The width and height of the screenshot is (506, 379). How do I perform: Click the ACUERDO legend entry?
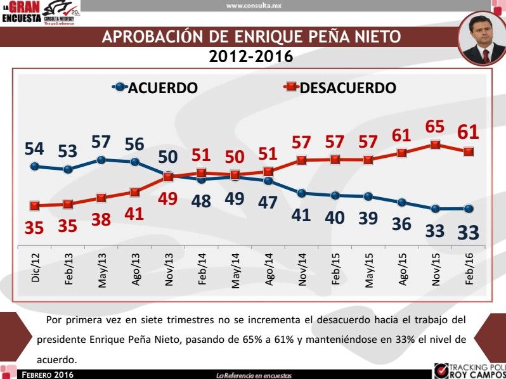(x=155, y=87)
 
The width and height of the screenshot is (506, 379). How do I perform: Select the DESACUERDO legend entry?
(x=339, y=87)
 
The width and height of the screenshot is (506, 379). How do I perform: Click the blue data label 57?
(x=101, y=142)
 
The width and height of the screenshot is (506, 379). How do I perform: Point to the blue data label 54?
(x=35, y=150)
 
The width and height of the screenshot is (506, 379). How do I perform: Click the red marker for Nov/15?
(x=435, y=145)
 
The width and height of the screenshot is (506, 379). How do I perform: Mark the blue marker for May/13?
(x=101, y=160)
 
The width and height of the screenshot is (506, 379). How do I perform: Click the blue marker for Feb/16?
(x=469, y=209)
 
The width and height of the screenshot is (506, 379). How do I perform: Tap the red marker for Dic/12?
(x=35, y=205)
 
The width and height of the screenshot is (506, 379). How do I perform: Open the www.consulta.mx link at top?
(x=253, y=6)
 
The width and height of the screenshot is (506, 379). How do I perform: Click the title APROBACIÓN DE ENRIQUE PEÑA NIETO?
(x=251, y=37)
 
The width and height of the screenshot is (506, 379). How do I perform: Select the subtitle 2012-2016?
(x=251, y=57)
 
